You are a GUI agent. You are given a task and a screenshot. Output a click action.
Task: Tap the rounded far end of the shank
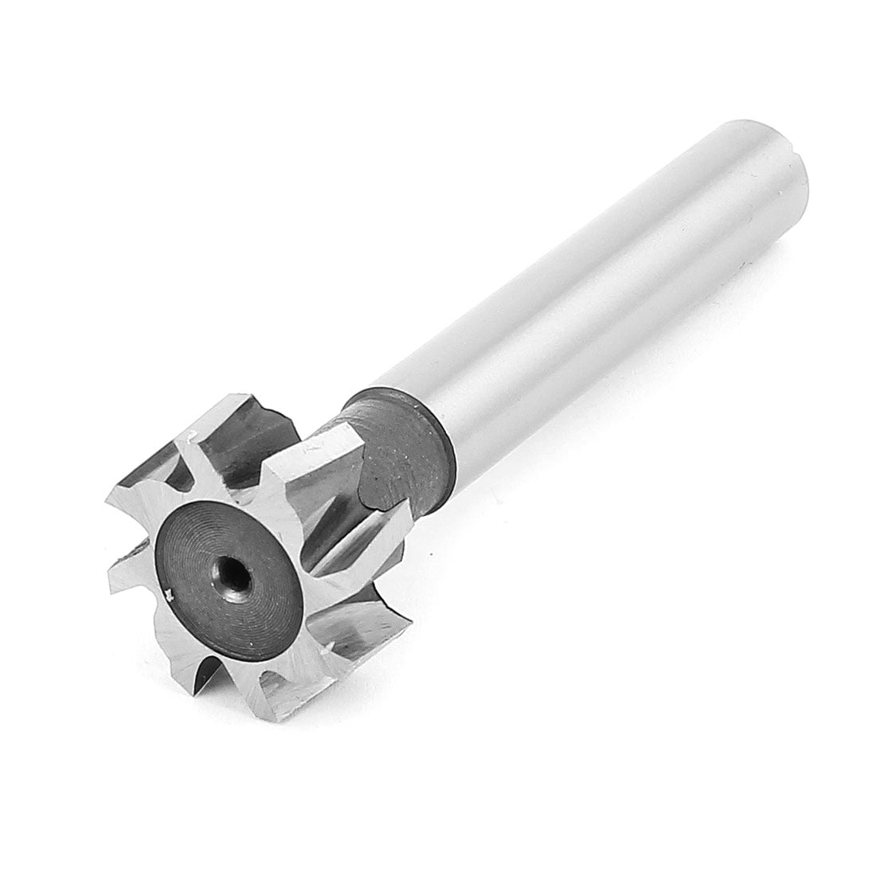tap(784, 155)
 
